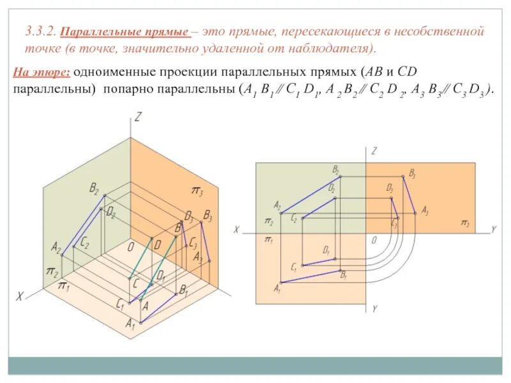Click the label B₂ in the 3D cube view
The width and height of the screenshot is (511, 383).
[94, 188]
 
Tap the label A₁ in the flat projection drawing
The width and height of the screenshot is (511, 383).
[277, 289]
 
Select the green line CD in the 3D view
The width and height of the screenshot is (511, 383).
[142, 259]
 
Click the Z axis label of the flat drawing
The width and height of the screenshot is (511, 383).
[374, 151]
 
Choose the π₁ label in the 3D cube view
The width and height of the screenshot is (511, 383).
[64, 285]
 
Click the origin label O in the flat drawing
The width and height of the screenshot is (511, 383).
[374, 239]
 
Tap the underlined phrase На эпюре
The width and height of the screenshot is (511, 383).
[43, 72]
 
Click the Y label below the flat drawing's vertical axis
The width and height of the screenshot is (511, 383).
[374, 308]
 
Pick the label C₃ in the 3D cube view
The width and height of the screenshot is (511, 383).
[192, 243]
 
